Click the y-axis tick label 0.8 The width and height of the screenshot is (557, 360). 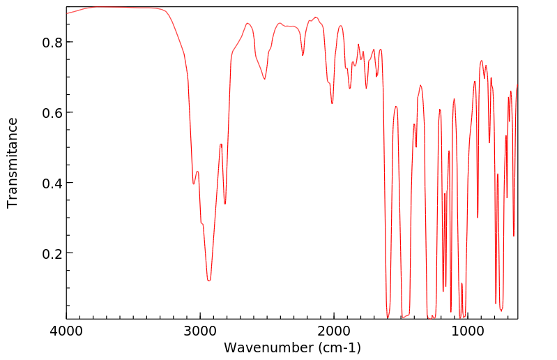(x=53, y=43)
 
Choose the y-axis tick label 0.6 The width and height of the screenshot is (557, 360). (x=53, y=113)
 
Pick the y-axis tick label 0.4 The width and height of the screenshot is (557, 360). (x=53, y=183)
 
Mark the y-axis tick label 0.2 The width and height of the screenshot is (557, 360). (x=53, y=253)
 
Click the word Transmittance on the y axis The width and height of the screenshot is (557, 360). (x=13, y=163)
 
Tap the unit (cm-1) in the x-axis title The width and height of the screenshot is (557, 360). (x=339, y=347)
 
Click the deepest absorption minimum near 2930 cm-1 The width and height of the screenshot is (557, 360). (x=208, y=280)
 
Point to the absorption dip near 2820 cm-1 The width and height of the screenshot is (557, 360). (x=224, y=204)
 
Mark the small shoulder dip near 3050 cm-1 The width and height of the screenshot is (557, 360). (x=194, y=183)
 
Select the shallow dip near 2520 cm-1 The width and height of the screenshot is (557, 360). (x=265, y=79)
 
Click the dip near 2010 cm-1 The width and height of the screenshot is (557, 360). (x=332, y=103)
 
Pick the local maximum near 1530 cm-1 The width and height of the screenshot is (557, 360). (x=396, y=106)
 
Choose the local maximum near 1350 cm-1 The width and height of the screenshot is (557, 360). (x=420, y=85)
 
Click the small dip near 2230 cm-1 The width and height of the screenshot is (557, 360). (x=303, y=55)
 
